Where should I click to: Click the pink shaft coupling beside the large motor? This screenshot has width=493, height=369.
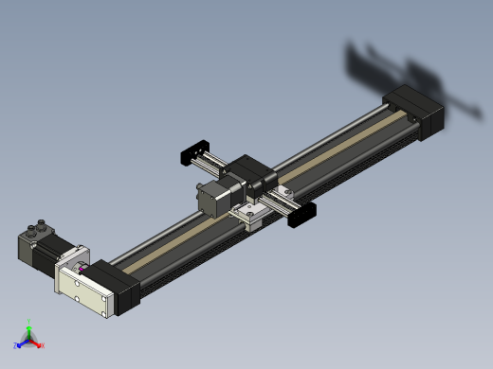click(x=84, y=269)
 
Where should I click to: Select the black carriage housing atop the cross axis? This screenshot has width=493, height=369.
click(x=254, y=174)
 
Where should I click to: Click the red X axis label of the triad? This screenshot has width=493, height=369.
click(x=42, y=345)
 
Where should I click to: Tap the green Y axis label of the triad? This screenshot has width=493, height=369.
click(x=29, y=322)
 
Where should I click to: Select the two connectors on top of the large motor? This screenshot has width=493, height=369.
click(x=42, y=228)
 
